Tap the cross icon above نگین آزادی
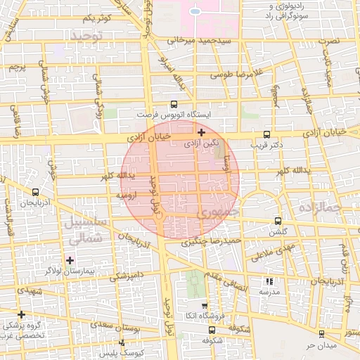[202, 131]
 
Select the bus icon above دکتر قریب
[266, 134]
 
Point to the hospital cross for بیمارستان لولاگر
[70, 260]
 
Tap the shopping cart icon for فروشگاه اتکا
[205, 306]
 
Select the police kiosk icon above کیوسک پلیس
[122, 342]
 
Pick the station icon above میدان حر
[321, 335]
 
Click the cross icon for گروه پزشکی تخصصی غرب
[22, 314]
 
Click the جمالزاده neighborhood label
[319, 207]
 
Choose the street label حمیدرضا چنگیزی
[212, 241]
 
